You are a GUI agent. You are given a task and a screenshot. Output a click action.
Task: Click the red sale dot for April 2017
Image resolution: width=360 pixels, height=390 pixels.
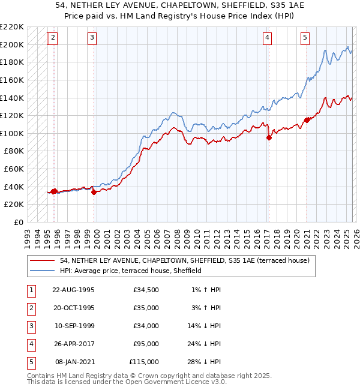[x=269, y=137]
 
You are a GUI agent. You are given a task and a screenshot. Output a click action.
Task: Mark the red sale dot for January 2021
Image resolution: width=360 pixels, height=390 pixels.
[x=307, y=120]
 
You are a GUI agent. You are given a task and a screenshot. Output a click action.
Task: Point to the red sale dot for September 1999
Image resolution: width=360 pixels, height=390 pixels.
[x=94, y=192]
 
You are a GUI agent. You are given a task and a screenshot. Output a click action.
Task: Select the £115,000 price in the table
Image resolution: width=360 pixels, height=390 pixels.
[x=144, y=362]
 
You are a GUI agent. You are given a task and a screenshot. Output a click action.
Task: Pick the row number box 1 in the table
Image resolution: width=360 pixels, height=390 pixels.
[x=31, y=290]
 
